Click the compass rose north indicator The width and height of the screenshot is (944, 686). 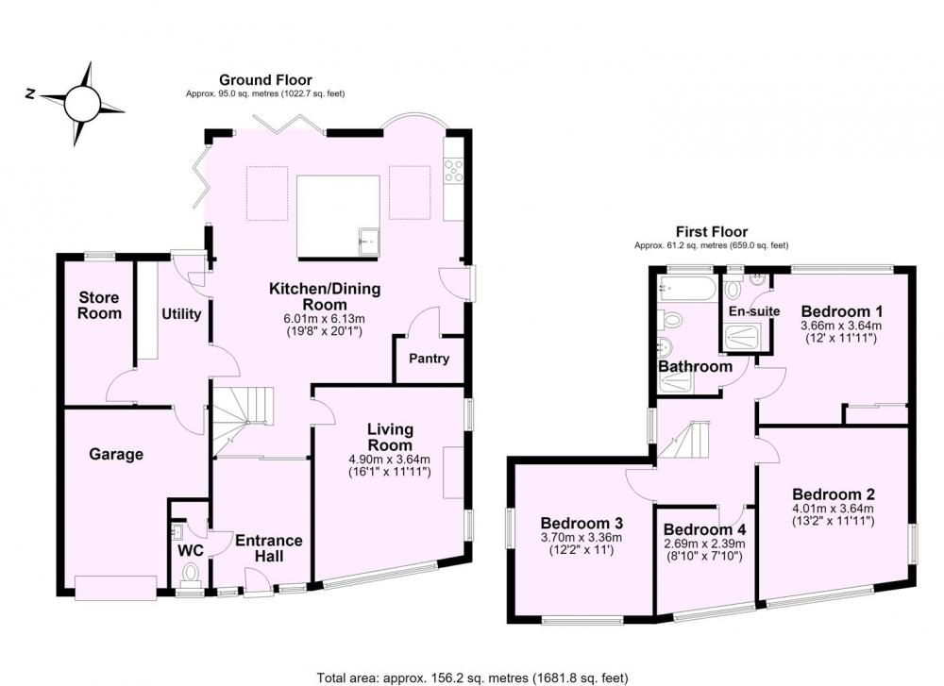pyautogui.click(x=29, y=93)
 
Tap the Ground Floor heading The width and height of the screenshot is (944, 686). pyautogui.click(x=265, y=80)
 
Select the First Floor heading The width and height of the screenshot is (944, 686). pyautogui.click(x=712, y=232)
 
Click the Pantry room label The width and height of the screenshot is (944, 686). pyautogui.click(x=429, y=359)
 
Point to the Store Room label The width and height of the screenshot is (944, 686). pyautogui.click(x=99, y=305)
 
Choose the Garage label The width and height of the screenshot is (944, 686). pyautogui.click(x=116, y=454)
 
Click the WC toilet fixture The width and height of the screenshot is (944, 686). pyautogui.click(x=191, y=573)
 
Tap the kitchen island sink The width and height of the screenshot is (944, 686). pyautogui.click(x=368, y=242)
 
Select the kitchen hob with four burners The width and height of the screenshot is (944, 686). pyautogui.click(x=453, y=170)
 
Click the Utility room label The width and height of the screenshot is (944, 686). pyautogui.click(x=181, y=314)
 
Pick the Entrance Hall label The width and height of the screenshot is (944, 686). pyautogui.click(x=268, y=548)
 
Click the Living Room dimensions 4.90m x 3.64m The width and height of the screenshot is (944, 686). pyautogui.click(x=390, y=460)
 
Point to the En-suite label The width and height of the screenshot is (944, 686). pyautogui.click(x=754, y=311)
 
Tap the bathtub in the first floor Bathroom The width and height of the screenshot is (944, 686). pyautogui.click(x=687, y=290)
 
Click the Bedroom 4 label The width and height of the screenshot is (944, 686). pyautogui.click(x=704, y=530)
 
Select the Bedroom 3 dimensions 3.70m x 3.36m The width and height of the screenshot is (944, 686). pyautogui.click(x=581, y=537)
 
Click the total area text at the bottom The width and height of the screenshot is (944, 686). pyautogui.click(x=472, y=678)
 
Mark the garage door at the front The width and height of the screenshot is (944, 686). pyautogui.click(x=115, y=587)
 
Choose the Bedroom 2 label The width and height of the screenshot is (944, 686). pyautogui.click(x=834, y=494)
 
